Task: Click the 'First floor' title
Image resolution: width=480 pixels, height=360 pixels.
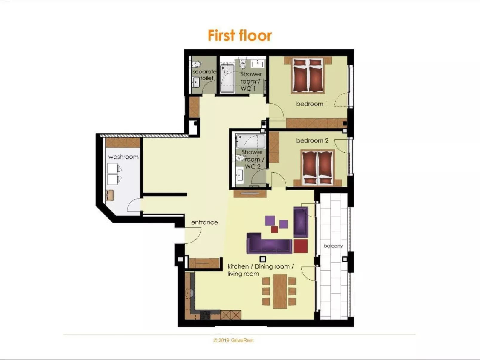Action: (240, 35)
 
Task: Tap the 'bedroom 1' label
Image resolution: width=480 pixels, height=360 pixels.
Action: (312, 104)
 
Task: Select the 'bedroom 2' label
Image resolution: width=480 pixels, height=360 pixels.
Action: (312, 140)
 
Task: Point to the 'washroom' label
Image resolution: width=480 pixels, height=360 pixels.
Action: (123, 157)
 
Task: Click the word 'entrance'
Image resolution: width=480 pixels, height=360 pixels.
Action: (204, 222)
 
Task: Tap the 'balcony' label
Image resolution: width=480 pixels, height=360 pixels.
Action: (333, 246)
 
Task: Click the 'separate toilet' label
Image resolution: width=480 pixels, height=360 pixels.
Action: (204, 75)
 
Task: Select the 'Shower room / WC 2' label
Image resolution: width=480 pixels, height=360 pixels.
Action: (253, 159)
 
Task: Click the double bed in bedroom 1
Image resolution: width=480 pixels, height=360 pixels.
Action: (308, 75)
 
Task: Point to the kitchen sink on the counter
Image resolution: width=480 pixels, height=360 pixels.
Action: (189, 293)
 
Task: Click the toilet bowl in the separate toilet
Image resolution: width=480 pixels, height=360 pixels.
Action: (196, 64)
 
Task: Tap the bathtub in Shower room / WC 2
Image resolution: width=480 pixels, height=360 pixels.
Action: (250, 141)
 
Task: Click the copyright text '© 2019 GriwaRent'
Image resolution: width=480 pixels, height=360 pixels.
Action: (233, 340)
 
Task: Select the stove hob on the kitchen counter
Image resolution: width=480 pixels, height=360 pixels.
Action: (205, 315)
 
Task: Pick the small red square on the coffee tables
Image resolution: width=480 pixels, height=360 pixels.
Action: (274, 229)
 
